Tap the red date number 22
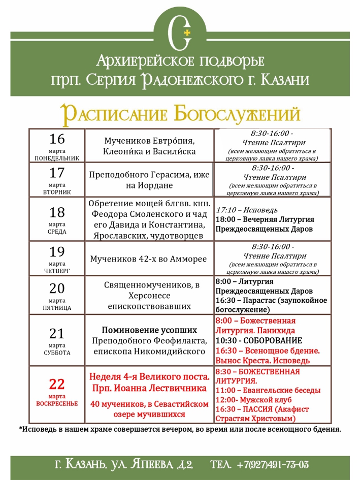[x=57, y=385]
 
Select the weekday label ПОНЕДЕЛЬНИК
[x=57, y=158]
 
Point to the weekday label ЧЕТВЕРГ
[x=57, y=271]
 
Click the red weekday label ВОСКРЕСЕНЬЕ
[x=57, y=404]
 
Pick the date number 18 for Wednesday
[x=57, y=212]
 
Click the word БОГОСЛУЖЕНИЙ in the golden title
[x=237, y=114]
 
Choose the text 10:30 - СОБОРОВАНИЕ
[x=258, y=340]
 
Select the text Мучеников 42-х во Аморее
[x=148, y=259]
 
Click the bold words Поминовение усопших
[x=149, y=329]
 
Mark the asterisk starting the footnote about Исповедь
[x=21, y=429]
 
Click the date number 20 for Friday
[x=57, y=288]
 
